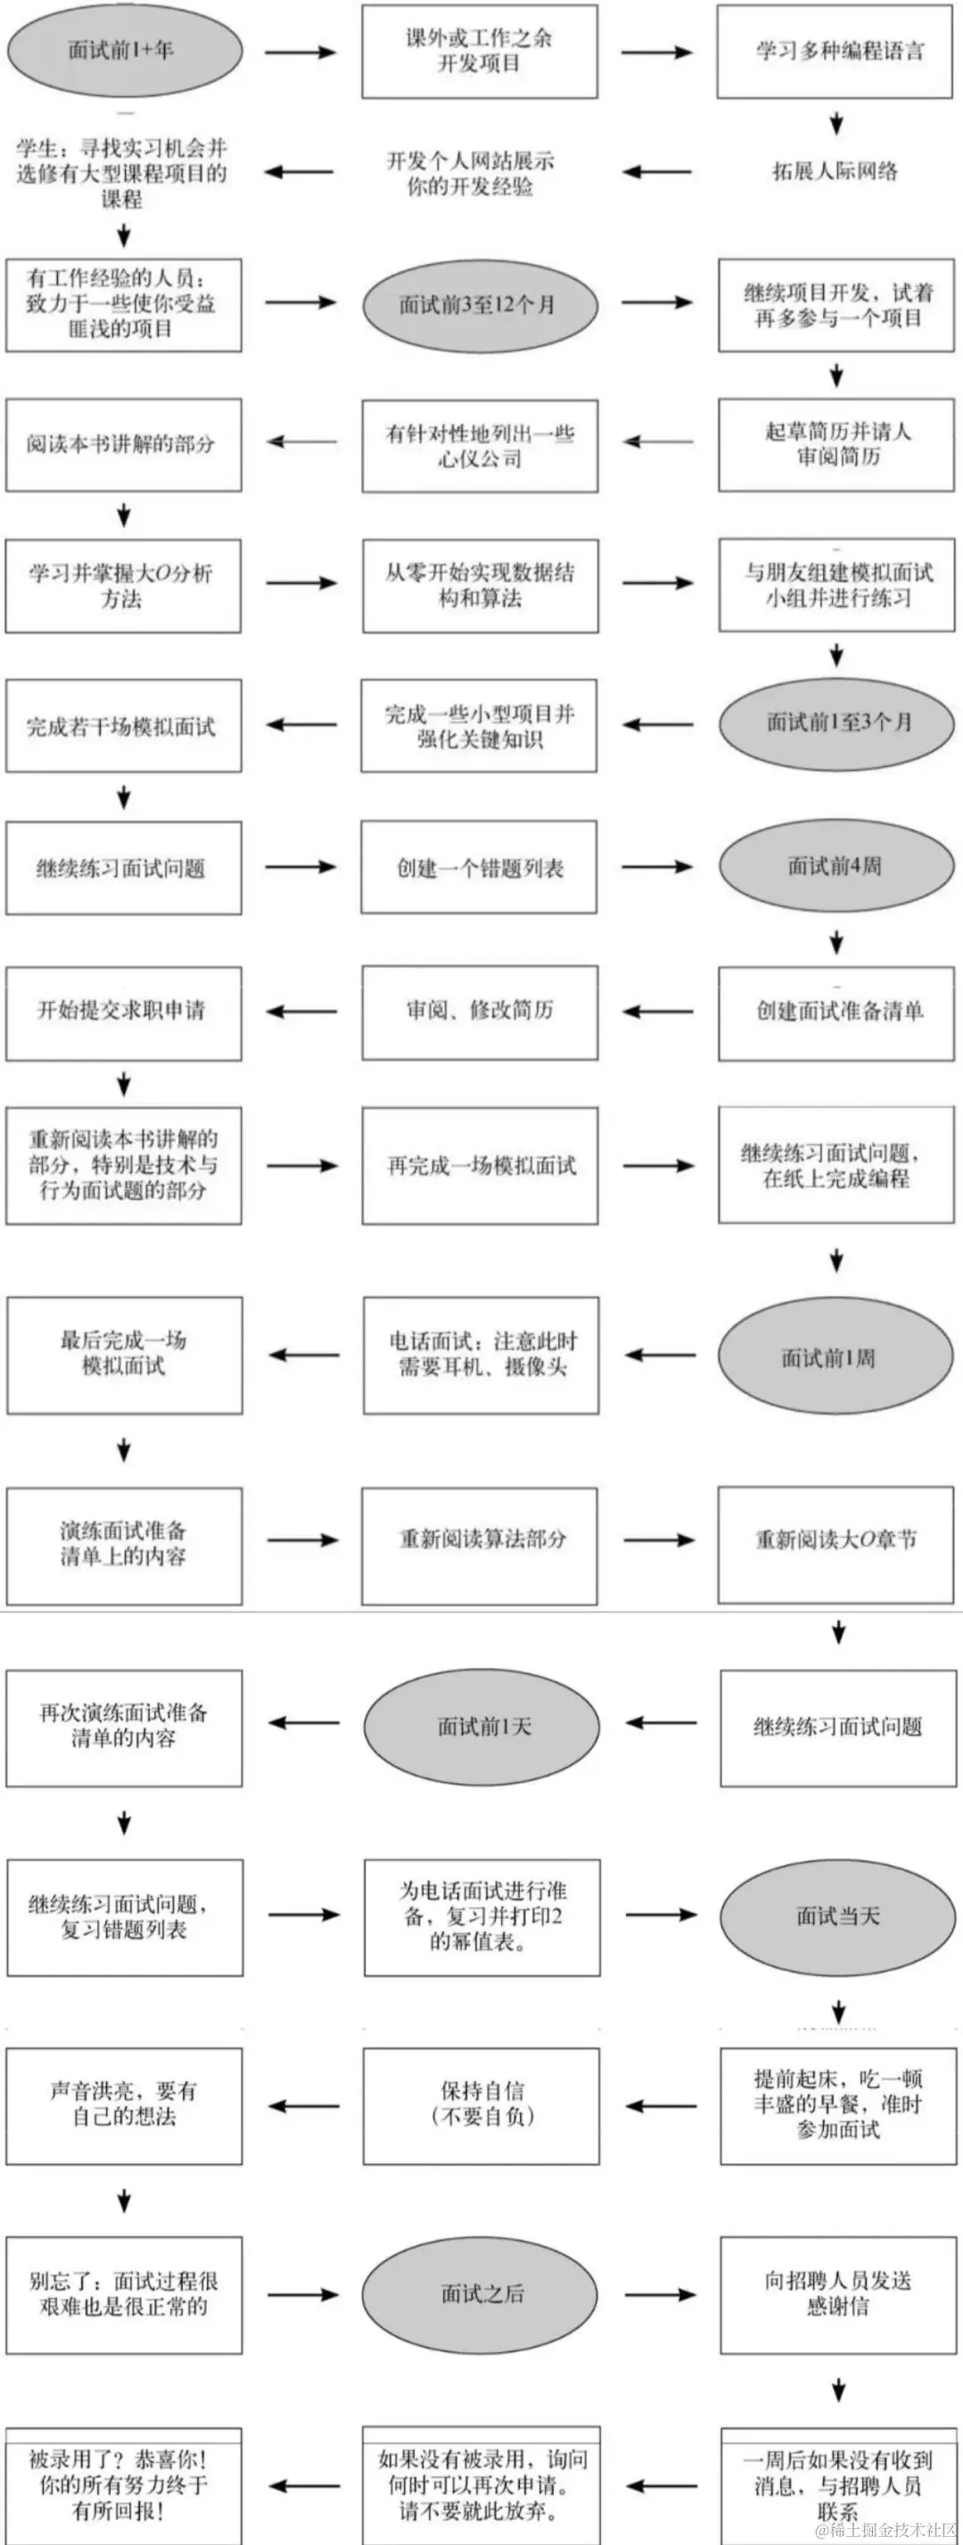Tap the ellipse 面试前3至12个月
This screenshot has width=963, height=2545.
click(480, 305)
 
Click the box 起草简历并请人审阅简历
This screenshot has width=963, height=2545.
click(836, 444)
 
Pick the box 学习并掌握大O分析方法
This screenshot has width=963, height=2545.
click(123, 586)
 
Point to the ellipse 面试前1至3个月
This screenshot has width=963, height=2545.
click(836, 723)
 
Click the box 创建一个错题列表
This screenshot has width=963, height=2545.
click(479, 867)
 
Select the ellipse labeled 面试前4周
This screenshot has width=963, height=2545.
click(836, 866)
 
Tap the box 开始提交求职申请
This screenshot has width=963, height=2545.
click(123, 1012)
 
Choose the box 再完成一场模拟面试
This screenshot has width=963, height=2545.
click(480, 1165)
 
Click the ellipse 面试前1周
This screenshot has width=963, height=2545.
click(836, 1357)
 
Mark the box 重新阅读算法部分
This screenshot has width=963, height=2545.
click(480, 1539)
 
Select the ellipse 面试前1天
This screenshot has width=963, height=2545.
click(482, 1726)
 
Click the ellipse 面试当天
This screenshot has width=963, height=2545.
click(837, 1916)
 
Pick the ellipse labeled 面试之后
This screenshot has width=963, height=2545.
click(480, 2294)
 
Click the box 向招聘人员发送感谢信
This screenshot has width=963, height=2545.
click(837, 2294)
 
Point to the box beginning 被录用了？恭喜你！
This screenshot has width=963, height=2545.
click(123, 2483)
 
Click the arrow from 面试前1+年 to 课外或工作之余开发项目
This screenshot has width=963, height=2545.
click(300, 52)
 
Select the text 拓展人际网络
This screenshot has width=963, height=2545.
click(835, 172)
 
